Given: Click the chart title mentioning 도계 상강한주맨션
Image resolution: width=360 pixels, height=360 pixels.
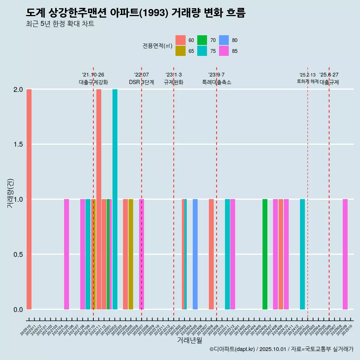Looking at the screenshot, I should [136, 13].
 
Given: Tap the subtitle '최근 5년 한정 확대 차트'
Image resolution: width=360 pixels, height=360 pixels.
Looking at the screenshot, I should [60, 24].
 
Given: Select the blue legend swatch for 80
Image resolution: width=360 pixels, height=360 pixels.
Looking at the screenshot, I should [223, 40].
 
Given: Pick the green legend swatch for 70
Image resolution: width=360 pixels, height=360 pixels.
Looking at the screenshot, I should [202, 40].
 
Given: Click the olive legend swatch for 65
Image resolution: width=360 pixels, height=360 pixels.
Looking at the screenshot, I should [180, 51].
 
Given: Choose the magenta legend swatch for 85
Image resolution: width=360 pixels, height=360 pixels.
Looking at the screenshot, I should [223, 51].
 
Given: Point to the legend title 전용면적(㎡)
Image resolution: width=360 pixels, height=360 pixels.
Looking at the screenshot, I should [157, 46].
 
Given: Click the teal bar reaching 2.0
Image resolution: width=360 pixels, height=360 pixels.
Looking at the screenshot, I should [115, 199].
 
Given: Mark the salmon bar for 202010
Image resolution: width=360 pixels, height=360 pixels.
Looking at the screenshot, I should [29, 199].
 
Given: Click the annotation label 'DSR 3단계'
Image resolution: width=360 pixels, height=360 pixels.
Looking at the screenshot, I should [141, 82].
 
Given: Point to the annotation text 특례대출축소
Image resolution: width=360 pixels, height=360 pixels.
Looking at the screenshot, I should [216, 82].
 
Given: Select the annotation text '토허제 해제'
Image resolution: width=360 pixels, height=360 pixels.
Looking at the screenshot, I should [307, 81].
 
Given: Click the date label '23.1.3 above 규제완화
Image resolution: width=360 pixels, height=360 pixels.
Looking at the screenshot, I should [174, 75].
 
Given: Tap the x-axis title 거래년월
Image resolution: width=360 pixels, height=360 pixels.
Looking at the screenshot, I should [189, 340].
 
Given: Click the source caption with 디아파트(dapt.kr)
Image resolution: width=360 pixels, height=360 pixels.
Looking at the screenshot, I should [281, 349].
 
